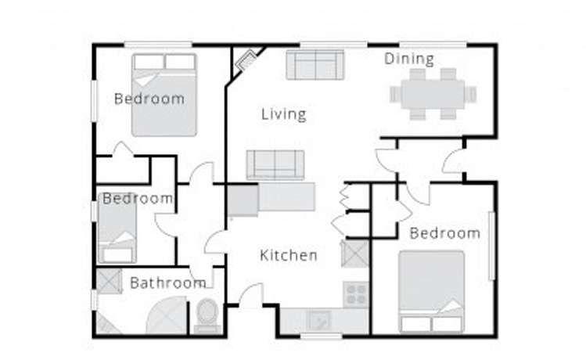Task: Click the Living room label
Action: point(283,114)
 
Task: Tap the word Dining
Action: point(408,59)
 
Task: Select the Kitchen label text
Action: point(289,255)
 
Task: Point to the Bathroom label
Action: point(167,283)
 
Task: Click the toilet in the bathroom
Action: point(207,315)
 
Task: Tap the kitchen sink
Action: point(318,319)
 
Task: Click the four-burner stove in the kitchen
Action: point(356,293)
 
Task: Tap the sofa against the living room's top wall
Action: point(315,64)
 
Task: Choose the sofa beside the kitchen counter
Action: point(275,164)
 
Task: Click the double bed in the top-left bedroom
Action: point(164,94)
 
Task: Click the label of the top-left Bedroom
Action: point(149,99)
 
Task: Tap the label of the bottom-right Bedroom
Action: point(444,233)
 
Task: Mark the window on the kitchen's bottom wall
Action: point(322,337)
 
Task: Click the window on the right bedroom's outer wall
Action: point(492,246)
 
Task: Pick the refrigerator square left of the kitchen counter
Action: point(243,200)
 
